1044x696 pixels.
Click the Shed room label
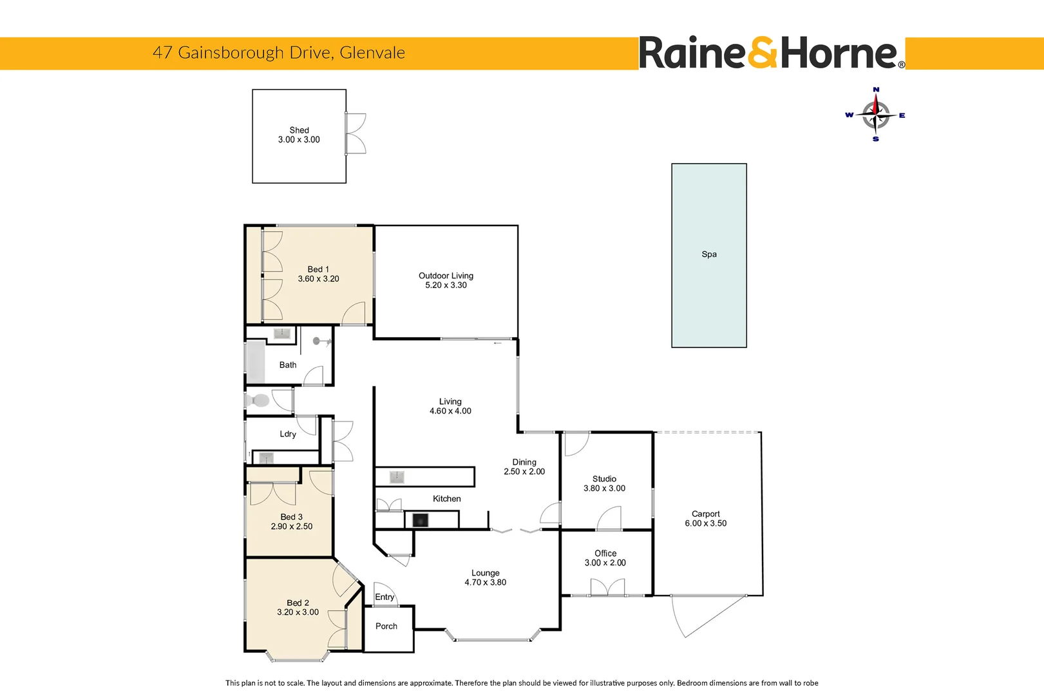click(299, 130)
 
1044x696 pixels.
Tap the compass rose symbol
click(875, 115)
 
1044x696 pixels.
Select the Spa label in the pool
click(708, 255)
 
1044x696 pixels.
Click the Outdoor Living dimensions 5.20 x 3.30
click(446, 285)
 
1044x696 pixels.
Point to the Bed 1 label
click(318, 269)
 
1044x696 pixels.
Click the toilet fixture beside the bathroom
click(258, 401)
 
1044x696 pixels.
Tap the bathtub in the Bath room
click(256, 363)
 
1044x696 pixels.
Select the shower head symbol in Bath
click(319, 342)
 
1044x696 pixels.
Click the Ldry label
click(288, 434)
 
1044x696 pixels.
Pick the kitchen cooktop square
click(420, 519)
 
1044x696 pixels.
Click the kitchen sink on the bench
click(397, 477)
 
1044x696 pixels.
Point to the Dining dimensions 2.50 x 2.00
click(524, 472)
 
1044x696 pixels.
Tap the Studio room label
click(604, 479)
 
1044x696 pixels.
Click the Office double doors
click(607, 587)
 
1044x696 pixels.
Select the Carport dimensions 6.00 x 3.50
click(705, 523)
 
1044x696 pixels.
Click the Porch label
click(386, 626)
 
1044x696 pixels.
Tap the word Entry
click(384, 597)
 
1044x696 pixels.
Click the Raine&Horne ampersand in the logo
click(763, 53)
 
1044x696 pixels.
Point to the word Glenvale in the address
click(372, 53)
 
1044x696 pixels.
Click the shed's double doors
click(356, 133)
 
